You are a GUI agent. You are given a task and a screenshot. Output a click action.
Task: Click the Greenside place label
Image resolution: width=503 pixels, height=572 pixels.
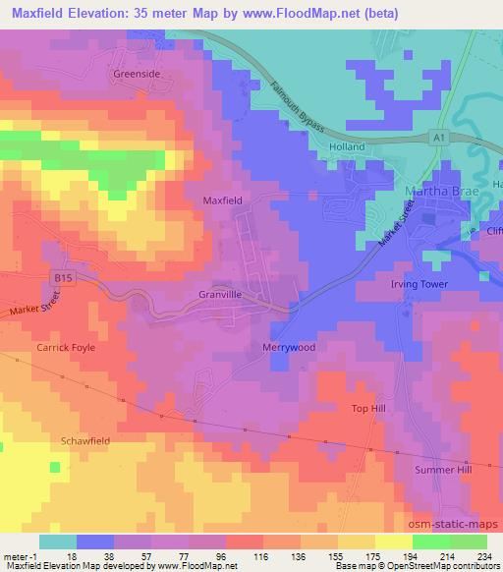tap(136, 74)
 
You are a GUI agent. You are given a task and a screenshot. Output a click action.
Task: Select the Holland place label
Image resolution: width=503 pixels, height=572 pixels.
tap(347, 147)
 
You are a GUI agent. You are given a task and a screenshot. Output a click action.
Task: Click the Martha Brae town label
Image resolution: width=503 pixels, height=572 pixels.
tap(438, 189)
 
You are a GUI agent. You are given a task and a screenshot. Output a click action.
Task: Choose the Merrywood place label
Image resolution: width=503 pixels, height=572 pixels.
tap(288, 348)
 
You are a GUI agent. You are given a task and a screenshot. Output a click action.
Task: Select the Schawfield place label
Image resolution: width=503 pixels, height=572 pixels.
tap(86, 441)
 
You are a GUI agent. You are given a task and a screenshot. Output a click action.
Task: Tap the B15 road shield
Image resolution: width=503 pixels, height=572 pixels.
tap(60, 279)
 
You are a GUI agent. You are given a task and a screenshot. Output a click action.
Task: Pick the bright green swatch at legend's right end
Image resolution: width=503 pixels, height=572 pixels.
tap(468, 541)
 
